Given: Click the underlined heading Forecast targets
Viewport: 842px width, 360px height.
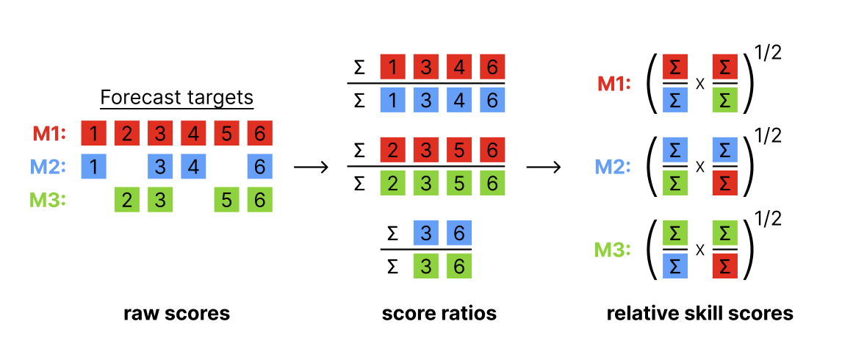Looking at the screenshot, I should [x=176, y=98].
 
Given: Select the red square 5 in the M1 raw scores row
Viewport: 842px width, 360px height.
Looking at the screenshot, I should [x=227, y=134].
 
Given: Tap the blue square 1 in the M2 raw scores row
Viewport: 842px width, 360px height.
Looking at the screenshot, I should [x=93, y=167].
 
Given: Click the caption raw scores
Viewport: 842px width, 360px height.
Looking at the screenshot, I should [x=176, y=314].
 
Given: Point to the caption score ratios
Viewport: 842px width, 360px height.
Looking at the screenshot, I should [x=439, y=314].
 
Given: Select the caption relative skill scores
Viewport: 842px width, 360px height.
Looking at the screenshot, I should [x=699, y=314].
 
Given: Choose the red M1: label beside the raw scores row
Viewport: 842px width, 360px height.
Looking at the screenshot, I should [x=49, y=134].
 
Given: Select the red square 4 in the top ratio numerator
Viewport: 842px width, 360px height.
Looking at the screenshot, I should [x=459, y=68].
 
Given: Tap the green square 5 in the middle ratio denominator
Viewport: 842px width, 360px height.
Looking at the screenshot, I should [x=459, y=182].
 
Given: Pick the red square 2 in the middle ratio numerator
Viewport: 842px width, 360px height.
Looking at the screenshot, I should [x=393, y=151].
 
